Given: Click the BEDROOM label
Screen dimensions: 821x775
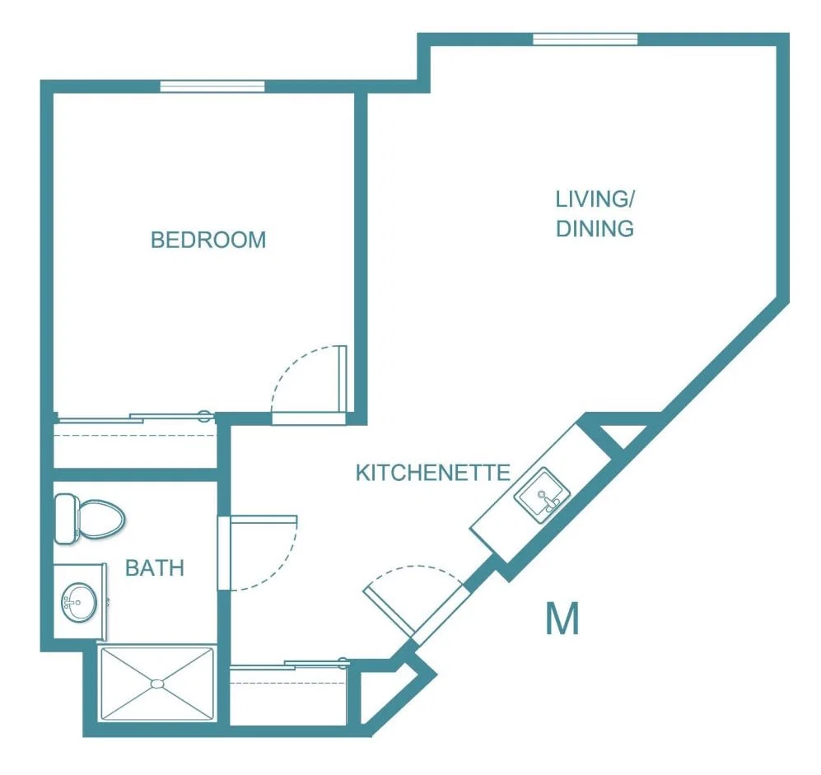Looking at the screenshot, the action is point(208,240).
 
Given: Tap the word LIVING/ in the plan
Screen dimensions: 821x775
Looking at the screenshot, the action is point(595,199).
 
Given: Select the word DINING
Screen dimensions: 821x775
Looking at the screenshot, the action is point(595,228).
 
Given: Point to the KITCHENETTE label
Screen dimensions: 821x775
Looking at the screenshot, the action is point(433,473).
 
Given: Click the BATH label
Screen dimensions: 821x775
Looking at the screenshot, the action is point(155,567).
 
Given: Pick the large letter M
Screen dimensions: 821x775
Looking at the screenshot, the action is point(562,619).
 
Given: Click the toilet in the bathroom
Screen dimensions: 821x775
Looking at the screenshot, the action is point(89,519).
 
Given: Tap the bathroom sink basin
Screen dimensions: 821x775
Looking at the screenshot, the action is point(79,602).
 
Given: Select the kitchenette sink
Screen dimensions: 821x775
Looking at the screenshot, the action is point(542,495).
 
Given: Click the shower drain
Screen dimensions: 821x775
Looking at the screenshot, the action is point(156,684).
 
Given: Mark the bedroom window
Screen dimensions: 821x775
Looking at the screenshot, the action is point(212,86).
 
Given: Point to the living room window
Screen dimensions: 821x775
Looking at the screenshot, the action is point(585,40).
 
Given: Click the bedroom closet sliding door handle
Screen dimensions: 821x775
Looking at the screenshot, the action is point(204,417).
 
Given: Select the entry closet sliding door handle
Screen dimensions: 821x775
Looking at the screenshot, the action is point(343,663).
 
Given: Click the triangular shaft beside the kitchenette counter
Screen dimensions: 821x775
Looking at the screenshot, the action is point(620,433).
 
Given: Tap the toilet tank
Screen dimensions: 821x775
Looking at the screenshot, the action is point(66,519).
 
